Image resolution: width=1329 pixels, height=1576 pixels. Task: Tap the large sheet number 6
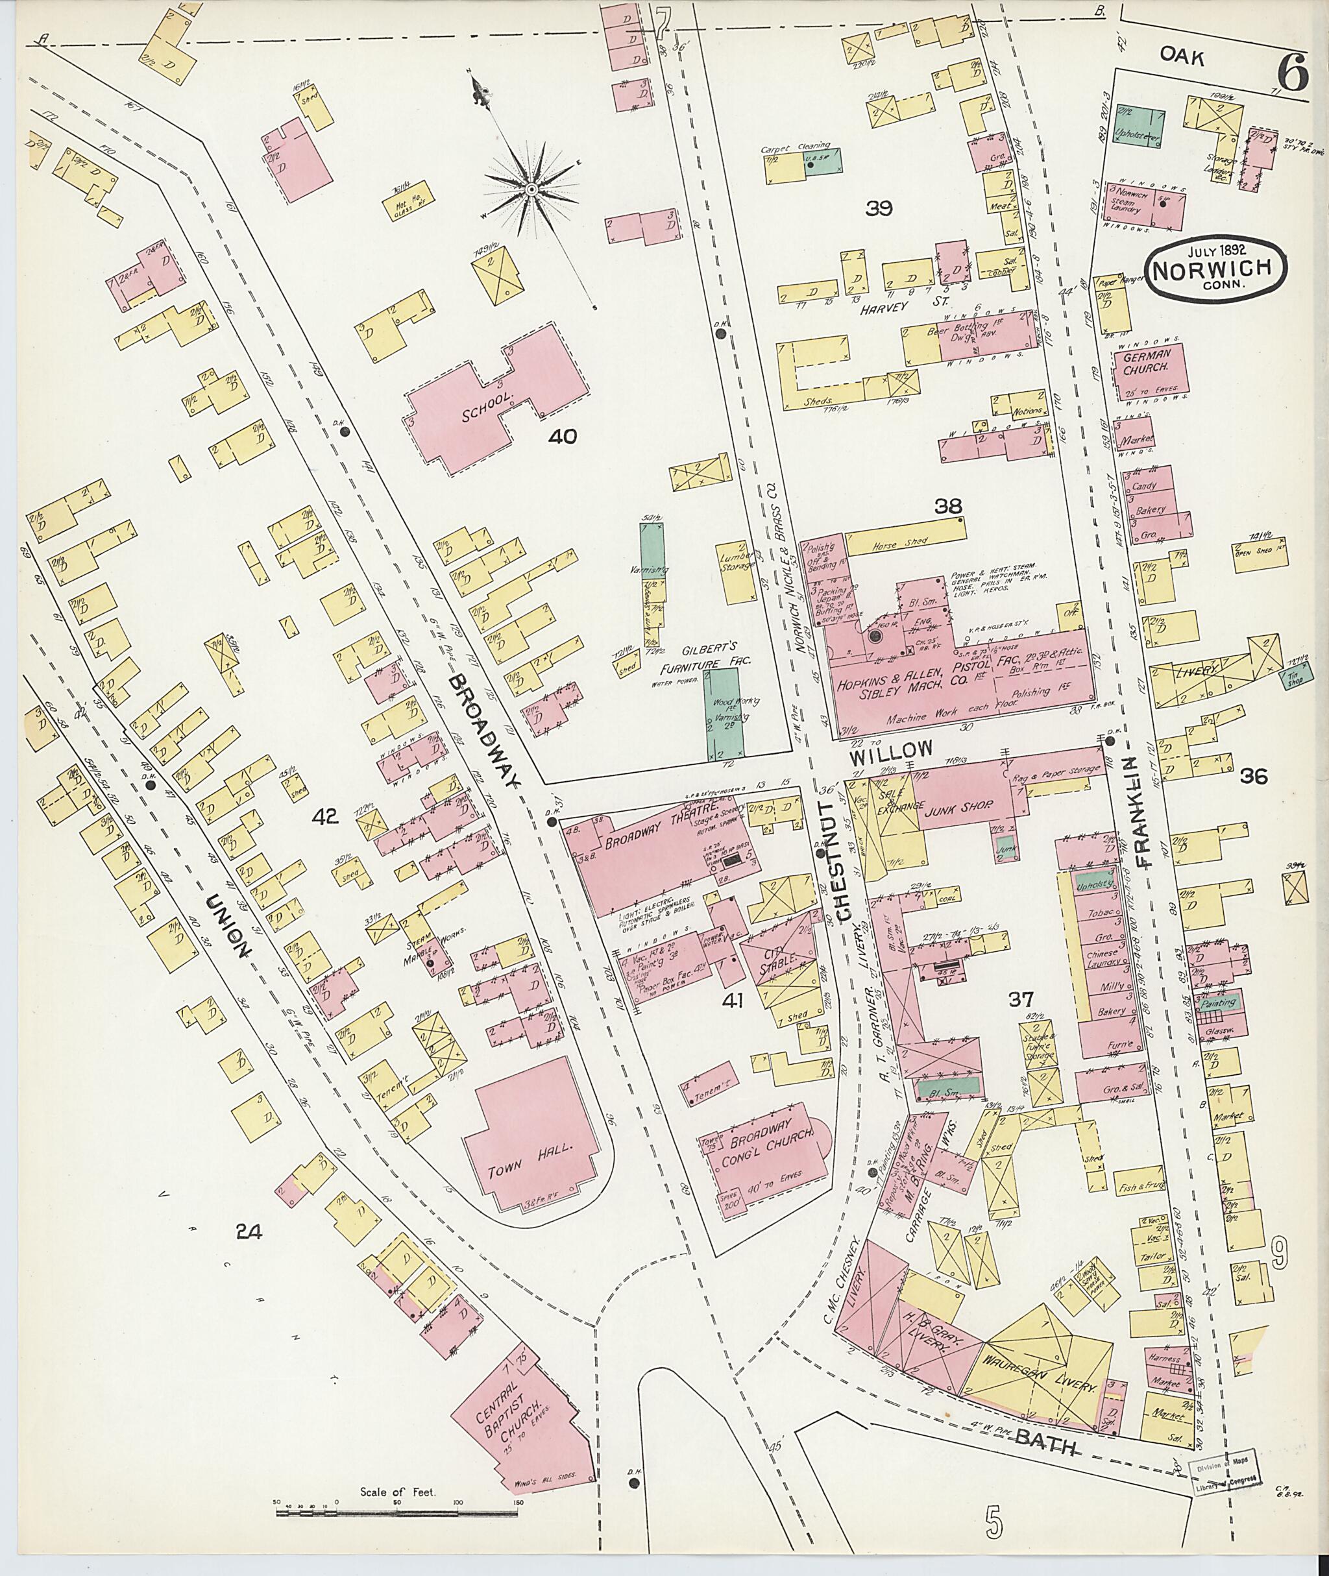coord(1291,75)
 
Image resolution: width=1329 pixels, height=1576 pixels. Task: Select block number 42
coord(328,815)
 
